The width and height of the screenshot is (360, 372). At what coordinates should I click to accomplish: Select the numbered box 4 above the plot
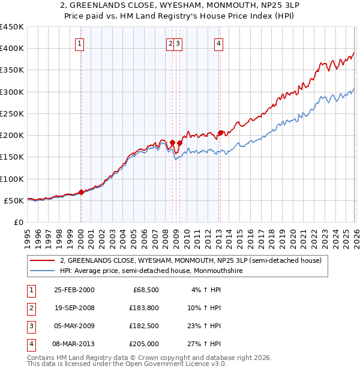[x=219, y=43]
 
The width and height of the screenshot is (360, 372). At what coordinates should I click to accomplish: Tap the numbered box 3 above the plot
[x=179, y=43]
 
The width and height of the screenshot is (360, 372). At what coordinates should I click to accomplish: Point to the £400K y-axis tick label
[x=12, y=49]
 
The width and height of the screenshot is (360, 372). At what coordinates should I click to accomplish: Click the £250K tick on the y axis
[x=12, y=113]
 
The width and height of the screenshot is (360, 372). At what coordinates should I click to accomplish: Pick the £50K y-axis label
[x=14, y=200]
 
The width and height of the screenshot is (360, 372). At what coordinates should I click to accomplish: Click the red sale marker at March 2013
[x=220, y=133]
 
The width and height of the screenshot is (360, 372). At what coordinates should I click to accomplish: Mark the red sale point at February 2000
[x=82, y=193]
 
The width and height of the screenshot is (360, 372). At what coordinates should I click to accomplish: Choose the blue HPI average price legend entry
[x=157, y=271]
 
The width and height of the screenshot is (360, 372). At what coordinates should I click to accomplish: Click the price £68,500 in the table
[x=145, y=289]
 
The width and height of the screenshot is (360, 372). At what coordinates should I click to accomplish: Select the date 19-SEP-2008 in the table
[x=74, y=307]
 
